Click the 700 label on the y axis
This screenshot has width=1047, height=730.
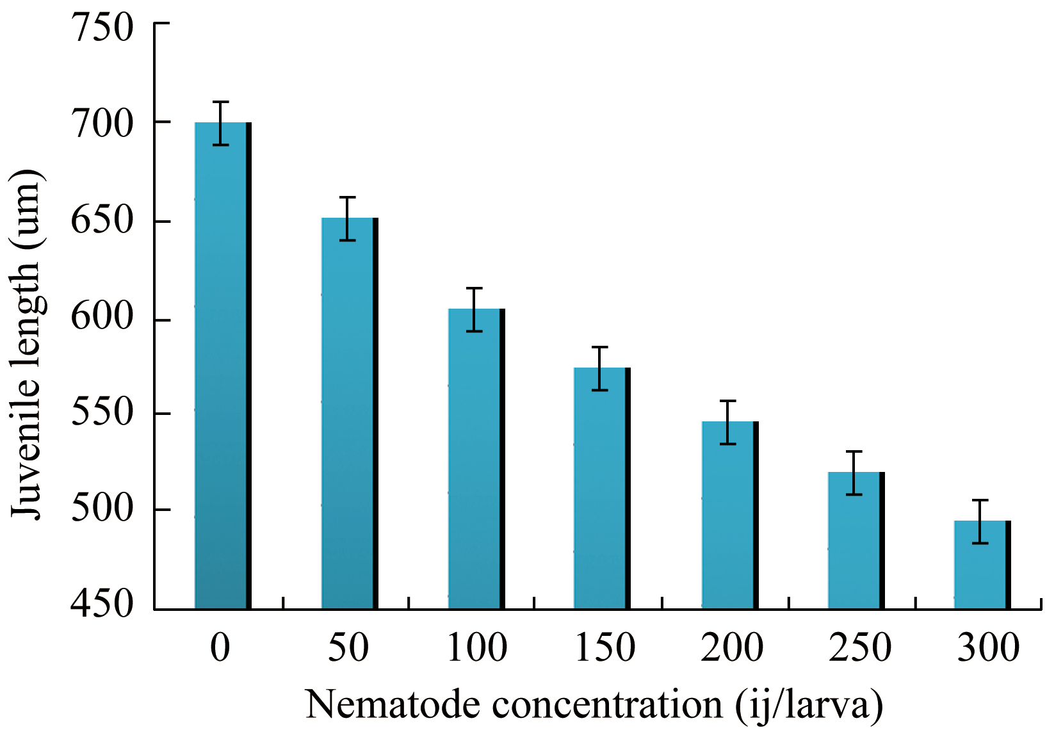[x=102, y=123]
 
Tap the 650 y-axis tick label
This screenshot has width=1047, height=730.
[x=102, y=222]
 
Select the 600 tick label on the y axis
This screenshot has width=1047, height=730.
[x=102, y=318]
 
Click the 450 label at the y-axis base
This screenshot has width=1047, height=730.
[x=102, y=604]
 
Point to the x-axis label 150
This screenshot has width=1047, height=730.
[x=605, y=647]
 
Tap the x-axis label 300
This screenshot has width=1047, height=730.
[x=988, y=647]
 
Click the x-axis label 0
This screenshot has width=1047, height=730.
[x=220, y=647]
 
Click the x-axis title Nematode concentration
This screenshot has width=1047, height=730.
[x=594, y=705]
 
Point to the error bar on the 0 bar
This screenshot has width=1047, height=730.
[x=220, y=123]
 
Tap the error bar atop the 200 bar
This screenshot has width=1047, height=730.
[x=728, y=422]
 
